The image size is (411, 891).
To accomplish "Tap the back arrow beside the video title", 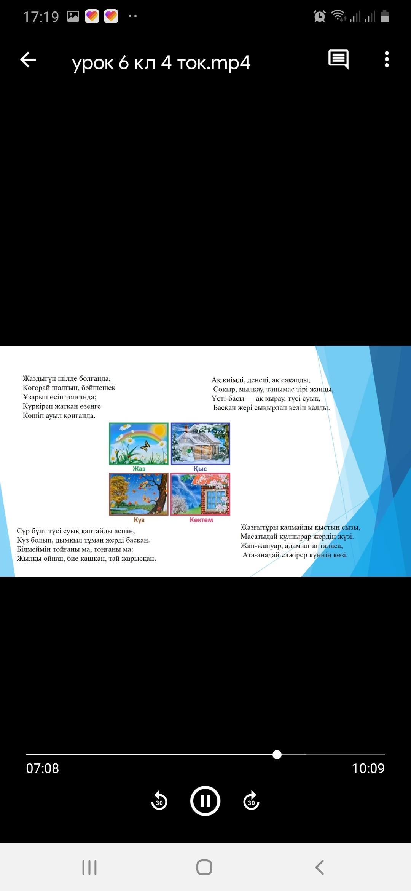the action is click(28, 60).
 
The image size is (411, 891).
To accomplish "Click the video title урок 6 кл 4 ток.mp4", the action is click(161, 62).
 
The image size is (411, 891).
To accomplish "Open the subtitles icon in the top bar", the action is click(338, 59).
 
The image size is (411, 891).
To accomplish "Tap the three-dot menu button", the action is click(387, 59).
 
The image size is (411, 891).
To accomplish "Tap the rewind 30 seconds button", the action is click(159, 801).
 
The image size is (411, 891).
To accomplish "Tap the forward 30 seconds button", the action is click(251, 801).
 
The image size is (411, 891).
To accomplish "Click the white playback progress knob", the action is click(277, 754).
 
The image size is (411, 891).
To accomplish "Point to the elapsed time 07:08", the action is click(43, 768).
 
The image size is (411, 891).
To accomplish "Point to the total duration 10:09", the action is click(368, 768).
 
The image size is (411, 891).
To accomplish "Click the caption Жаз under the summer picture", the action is click(139, 469).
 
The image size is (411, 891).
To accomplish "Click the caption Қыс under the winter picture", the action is click(200, 469).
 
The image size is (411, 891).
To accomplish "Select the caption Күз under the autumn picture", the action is click(139, 520).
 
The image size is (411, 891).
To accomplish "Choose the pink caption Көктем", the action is click(201, 520).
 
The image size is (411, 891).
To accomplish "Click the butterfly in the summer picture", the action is click(145, 445).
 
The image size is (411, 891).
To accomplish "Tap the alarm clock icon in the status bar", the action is click(320, 16).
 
